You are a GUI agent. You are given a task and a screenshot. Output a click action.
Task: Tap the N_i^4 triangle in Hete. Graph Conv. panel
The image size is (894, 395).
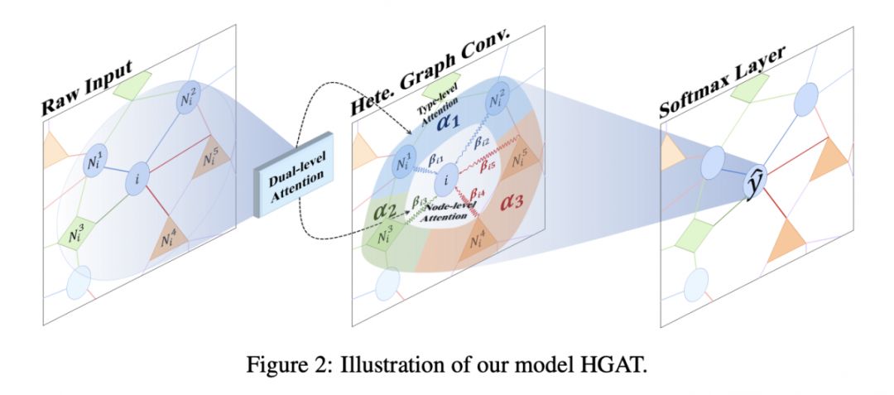coord(478,243)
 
